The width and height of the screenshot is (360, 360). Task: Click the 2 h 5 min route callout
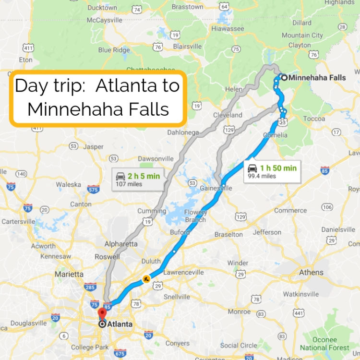click(x=139, y=179)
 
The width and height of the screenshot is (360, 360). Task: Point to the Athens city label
click(x=311, y=272)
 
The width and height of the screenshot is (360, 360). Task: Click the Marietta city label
click(x=68, y=274)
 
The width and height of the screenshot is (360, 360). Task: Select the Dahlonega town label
click(x=182, y=132)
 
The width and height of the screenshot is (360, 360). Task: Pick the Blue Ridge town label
click(x=114, y=50)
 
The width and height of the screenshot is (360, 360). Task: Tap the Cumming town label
click(x=152, y=211)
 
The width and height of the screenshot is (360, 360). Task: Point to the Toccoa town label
click(x=314, y=119)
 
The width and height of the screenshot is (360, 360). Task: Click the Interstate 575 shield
click(x=94, y=189)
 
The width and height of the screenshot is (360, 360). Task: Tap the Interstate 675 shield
click(x=120, y=353)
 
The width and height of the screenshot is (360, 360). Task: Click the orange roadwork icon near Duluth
click(x=146, y=278)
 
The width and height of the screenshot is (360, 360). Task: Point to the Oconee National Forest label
click(x=324, y=344)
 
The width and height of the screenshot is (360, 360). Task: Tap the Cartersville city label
click(x=18, y=221)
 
